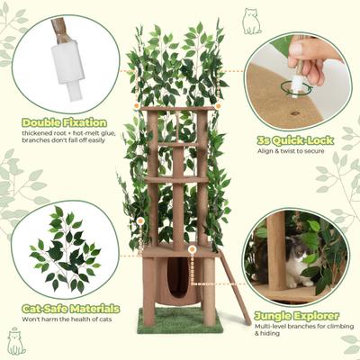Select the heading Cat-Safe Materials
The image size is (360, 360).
(70, 309)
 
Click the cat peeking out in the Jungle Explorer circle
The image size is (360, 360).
(295, 263)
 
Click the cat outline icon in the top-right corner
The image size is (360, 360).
(251, 22)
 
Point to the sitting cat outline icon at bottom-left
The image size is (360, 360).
(15, 342)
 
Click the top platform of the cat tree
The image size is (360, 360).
(178, 110)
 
